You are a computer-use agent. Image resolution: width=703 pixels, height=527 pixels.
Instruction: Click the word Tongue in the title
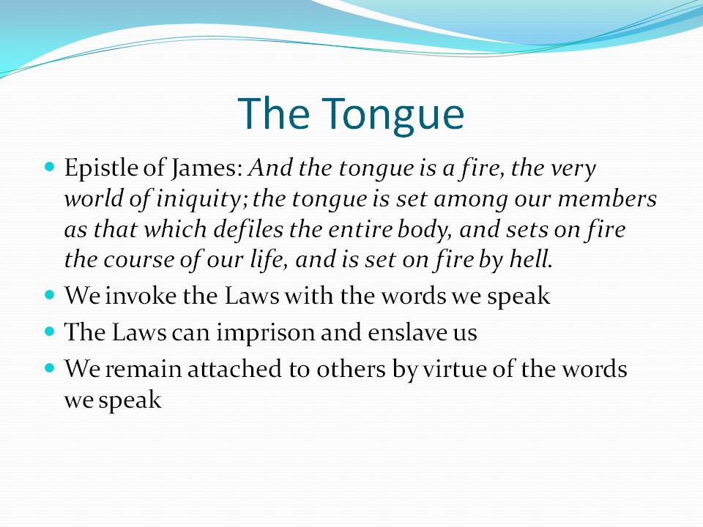(x=393, y=116)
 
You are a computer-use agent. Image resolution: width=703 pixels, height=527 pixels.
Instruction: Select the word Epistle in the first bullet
(x=101, y=169)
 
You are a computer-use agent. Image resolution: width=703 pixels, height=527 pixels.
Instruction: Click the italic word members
(x=607, y=198)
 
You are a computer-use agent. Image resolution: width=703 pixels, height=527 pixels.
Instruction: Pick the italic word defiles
(x=248, y=229)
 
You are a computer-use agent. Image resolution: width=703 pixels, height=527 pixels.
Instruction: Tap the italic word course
(x=138, y=261)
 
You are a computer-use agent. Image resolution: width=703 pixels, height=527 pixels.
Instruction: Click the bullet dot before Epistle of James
(x=50, y=167)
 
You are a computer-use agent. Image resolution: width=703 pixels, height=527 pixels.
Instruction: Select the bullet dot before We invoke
(x=50, y=295)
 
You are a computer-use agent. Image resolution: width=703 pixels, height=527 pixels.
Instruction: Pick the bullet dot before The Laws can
(x=50, y=332)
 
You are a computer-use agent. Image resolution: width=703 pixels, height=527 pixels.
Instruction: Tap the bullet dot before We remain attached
(x=50, y=368)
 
